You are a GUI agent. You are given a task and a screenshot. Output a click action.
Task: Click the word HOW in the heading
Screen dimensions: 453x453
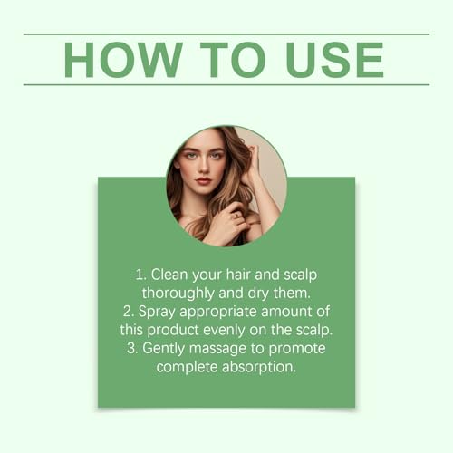123,60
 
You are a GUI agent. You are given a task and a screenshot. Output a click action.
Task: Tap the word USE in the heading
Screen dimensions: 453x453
334,60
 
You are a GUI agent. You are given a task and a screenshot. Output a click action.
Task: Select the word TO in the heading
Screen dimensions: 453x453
233,60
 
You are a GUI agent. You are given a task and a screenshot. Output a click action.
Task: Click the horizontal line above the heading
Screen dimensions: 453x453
226,34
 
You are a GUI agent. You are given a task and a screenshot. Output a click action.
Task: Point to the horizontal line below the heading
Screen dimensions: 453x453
226,85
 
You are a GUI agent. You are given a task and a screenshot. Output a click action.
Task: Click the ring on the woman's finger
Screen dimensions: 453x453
236,215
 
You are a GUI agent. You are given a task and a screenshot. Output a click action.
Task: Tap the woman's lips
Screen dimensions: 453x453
203,181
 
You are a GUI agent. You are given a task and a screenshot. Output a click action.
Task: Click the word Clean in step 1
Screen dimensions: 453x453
169,275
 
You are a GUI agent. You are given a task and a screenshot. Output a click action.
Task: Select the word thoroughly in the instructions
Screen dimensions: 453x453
178,294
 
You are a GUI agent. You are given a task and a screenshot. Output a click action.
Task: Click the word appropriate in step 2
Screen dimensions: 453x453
218,312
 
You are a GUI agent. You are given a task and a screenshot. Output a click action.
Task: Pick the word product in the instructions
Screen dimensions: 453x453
173,330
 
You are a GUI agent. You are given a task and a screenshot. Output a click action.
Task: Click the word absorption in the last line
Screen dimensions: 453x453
258,367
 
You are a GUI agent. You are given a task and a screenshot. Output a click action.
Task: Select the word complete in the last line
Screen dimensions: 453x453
187,367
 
